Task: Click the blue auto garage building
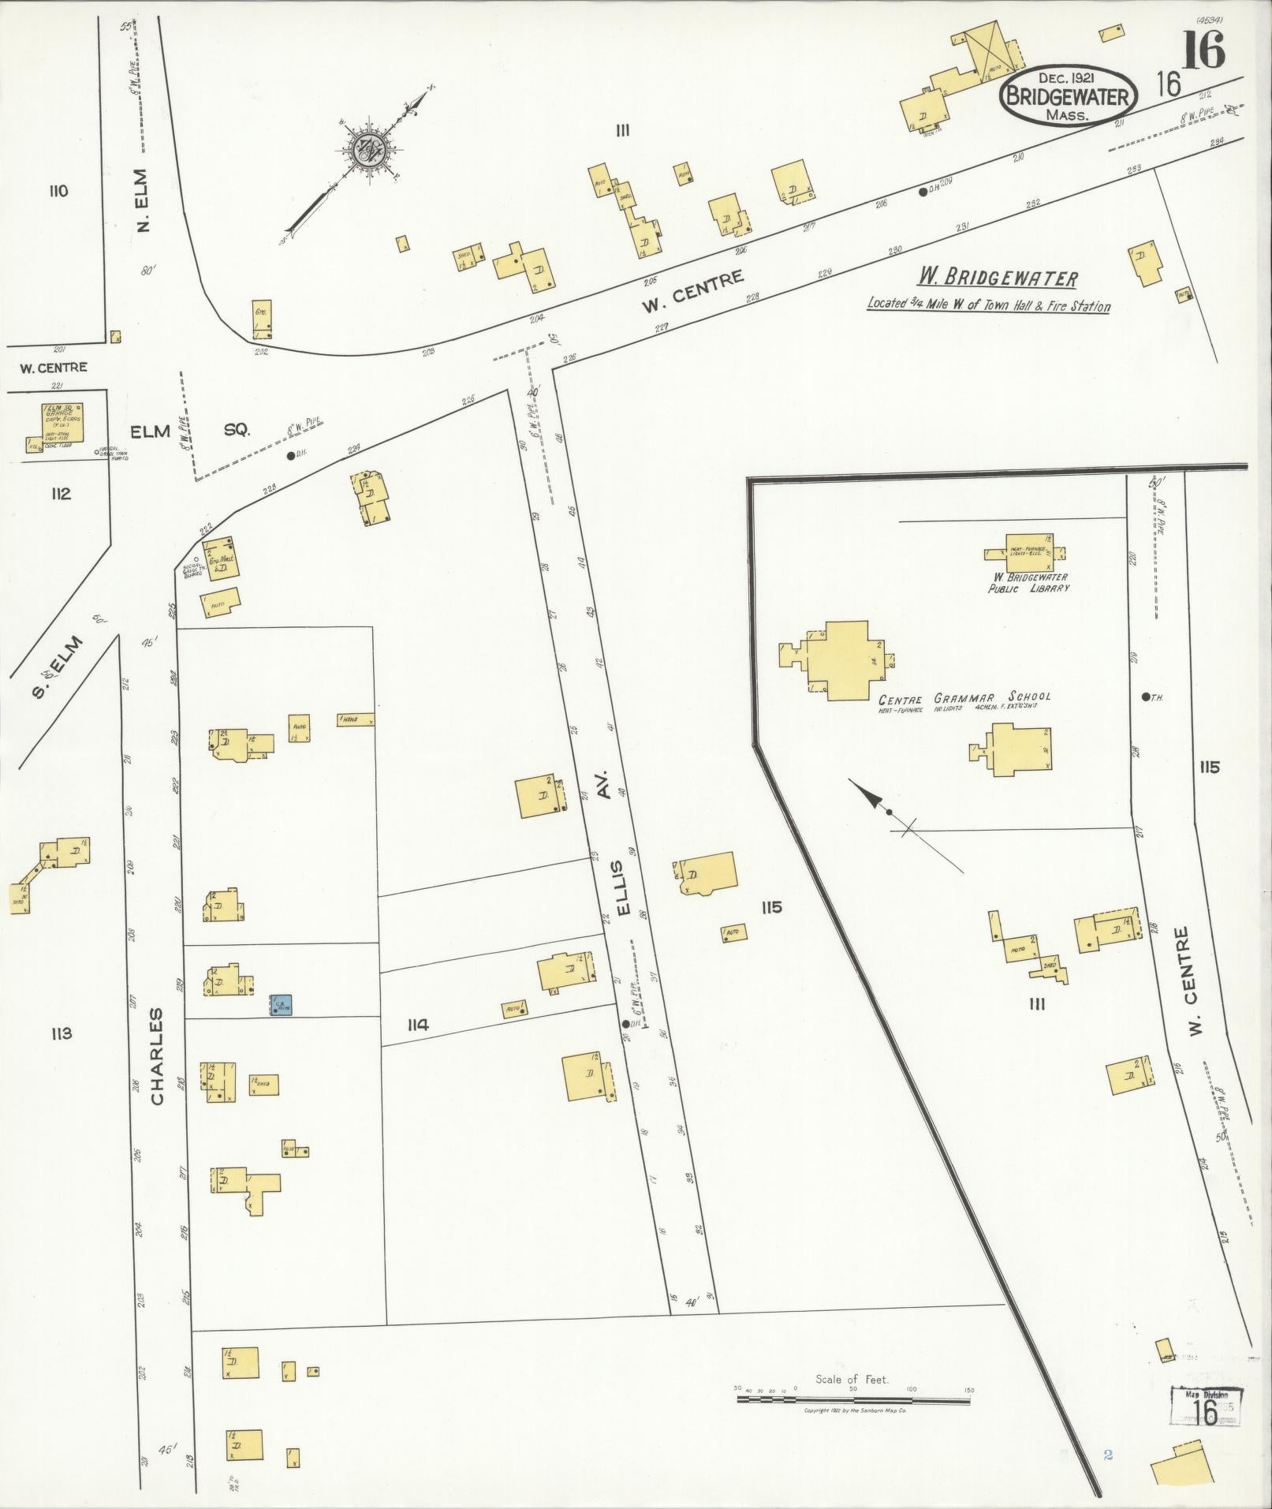282,1004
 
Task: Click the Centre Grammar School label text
964,697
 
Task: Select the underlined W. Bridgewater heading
997,278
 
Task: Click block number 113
62,1034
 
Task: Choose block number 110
58,191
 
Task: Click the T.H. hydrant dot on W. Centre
1144,697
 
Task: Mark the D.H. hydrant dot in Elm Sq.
291,455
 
